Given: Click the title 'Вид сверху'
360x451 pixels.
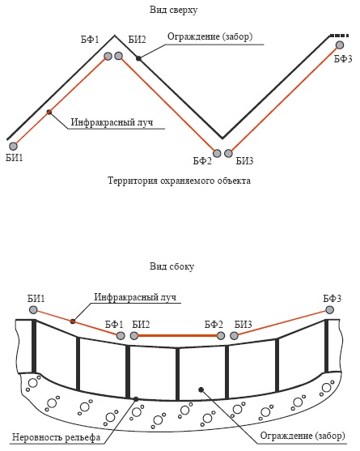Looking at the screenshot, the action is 174,10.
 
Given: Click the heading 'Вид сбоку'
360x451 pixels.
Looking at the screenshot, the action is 172,266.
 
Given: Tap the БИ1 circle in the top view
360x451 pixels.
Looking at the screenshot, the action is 13,146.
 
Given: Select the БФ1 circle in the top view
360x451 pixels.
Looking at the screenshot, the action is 108,56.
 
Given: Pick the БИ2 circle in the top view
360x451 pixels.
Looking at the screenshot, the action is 118,56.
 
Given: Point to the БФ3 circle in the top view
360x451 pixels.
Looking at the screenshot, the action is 340,45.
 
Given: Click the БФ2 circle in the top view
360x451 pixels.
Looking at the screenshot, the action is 217,153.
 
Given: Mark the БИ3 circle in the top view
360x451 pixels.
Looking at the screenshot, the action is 228,153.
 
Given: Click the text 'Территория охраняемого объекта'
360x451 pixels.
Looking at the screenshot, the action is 179,181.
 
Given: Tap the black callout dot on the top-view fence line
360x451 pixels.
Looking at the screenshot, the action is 138,58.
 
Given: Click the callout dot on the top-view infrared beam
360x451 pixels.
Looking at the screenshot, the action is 49,112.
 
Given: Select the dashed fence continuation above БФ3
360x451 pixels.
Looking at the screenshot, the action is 339,36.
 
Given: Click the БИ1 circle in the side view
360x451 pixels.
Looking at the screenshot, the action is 33,310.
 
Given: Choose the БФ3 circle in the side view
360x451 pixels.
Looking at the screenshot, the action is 329,310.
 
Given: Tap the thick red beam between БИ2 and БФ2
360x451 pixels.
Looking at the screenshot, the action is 177,336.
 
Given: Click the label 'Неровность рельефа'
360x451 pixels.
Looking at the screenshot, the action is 57,437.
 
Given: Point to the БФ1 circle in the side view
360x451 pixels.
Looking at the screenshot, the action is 121,336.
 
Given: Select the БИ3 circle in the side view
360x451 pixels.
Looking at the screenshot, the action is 234,336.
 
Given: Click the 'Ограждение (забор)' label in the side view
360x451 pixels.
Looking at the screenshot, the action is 303,436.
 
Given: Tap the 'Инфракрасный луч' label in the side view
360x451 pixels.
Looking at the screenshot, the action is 135,297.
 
